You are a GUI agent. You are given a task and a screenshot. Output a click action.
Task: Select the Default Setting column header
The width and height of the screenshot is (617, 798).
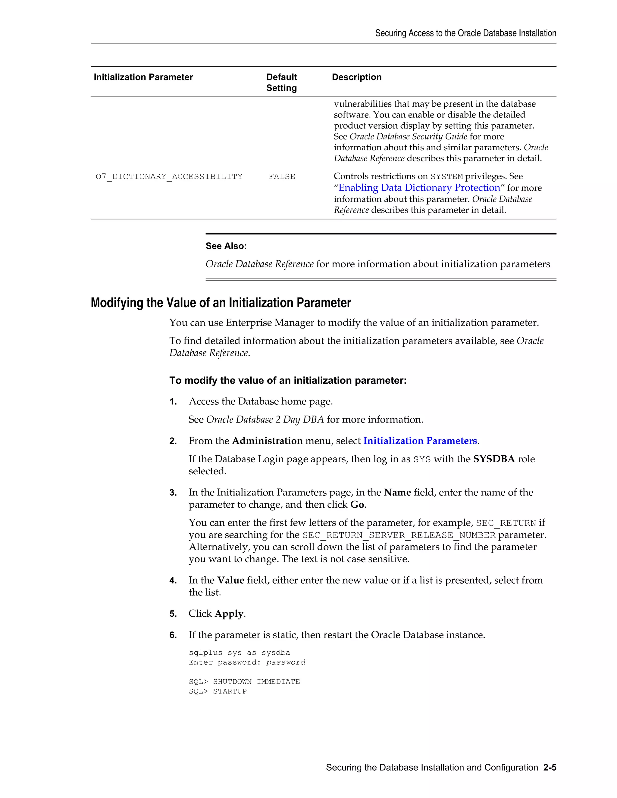pos(281,82)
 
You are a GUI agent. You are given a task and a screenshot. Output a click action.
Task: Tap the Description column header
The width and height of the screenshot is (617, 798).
pos(356,77)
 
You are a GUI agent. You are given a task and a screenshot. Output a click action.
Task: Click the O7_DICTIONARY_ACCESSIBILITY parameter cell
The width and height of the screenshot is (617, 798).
pos(169,177)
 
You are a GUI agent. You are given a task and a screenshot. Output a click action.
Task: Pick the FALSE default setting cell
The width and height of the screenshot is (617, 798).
pos(281,177)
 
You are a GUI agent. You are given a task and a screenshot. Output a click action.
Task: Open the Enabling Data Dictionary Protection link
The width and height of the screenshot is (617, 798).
pos(419,188)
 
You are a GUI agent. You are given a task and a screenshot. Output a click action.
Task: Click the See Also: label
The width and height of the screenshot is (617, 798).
pos(226,246)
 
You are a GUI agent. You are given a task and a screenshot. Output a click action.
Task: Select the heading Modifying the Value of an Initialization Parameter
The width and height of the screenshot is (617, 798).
pos(221,303)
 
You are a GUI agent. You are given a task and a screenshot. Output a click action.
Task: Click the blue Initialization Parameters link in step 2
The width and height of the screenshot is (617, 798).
pos(420,441)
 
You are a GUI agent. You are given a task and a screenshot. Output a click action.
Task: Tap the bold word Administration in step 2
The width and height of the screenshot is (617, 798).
pos(267,441)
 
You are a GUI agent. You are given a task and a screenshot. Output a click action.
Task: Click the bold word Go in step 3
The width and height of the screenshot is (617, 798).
pos(357,505)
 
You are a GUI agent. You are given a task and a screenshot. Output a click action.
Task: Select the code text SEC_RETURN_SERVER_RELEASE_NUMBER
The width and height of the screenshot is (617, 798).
pos(399,535)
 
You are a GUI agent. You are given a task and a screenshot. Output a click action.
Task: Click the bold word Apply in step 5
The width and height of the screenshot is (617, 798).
pos(229,614)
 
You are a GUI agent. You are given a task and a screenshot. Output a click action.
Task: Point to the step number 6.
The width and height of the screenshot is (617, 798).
pos(173,635)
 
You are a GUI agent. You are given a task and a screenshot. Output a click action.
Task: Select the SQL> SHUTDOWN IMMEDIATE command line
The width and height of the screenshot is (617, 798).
pos(244,682)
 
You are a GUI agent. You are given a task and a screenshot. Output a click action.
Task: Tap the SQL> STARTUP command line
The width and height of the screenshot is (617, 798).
pos(218,691)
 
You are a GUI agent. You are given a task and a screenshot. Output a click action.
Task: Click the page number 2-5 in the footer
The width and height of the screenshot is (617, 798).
pos(550,768)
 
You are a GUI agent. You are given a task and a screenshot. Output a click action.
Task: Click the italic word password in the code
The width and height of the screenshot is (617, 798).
pos(286,662)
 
